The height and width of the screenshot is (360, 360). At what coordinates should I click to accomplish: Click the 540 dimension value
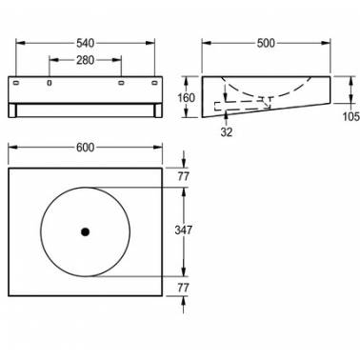click(x=85, y=43)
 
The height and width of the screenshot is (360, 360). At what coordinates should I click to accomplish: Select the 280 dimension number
click(x=85, y=60)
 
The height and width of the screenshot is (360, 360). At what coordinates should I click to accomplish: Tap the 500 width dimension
click(x=266, y=43)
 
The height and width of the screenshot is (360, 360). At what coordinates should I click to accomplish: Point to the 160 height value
click(x=186, y=97)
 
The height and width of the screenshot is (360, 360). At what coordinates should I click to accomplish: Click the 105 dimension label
click(x=351, y=116)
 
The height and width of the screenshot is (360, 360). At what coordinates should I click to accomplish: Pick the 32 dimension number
click(x=227, y=131)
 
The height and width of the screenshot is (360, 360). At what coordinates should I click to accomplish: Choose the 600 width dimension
click(x=85, y=148)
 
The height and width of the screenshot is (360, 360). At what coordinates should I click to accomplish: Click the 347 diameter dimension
click(x=184, y=230)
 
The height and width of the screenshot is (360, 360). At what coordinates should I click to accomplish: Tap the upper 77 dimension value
click(x=184, y=176)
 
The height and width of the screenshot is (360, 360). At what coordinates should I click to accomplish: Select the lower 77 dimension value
click(x=184, y=288)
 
